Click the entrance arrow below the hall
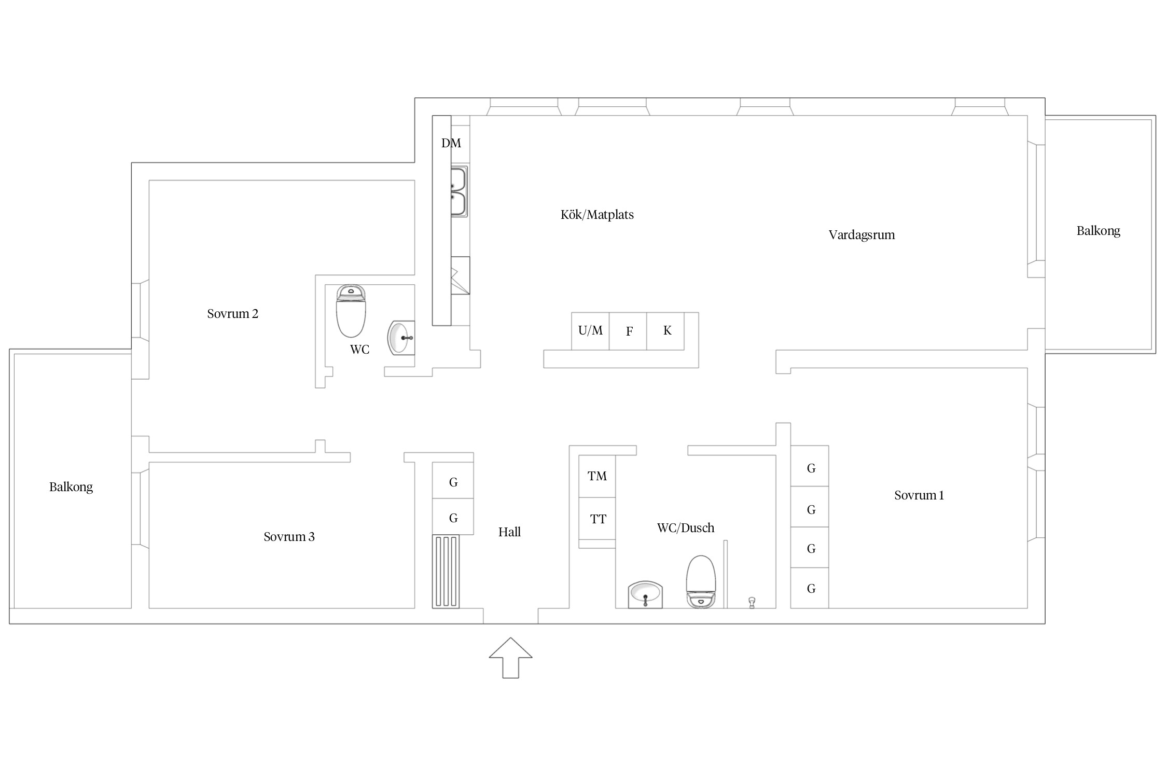pyautogui.click(x=510, y=658)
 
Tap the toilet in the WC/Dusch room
pyautogui.click(x=701, y=581)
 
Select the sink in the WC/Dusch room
pyautogui.click(x=645, y=594)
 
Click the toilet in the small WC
pyautogui.click(x=351, y=311)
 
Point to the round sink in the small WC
pyautogui.click(x=401, y=338)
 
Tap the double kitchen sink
pyautogui.click(x=459, y=191)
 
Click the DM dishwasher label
pyautogui.click(x=451, y=143)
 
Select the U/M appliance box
pyautogui.click(x=590, y=331)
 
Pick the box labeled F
pyautogui.click(x=628, y=331)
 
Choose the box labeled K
pyautogui.click(x=665, y=331)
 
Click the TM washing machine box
pyautogui.click(x=597, y=477)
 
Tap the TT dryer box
pyautogui.click(x=597, y=519)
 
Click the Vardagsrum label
pyautogui.click(x=862, y=235)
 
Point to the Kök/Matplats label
pyautogui.click(x=597, y=215)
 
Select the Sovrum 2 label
pyautogui.click(x=232, y=314)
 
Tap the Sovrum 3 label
pyautogui.click(x=289, y=537)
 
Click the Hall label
pyautogui.click(x=509, y=532)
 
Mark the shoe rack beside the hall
pyautogui.click(x=446, y=572)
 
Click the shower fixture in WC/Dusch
pyautogui.click(x=752, y=603)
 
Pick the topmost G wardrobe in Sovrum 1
pyautogui.click(x=810, y=466)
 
